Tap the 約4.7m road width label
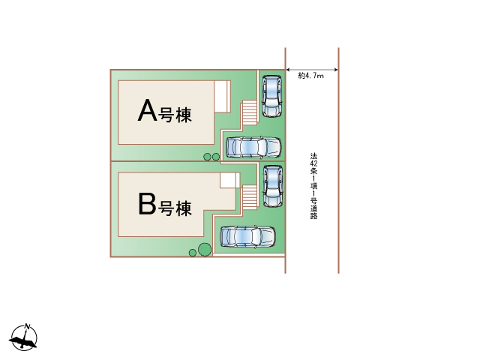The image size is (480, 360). (x=310, y=76)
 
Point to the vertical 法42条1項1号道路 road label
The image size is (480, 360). (x=313, y=186)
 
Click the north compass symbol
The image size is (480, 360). (x=25, y=338)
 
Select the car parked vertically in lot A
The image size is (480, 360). (x=270, y=95)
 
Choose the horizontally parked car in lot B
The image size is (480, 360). (x=247, y=237)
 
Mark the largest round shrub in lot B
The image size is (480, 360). (x=203, y=249)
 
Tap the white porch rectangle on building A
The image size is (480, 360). (x=221, y=97)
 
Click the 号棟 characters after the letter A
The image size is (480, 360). (x=175, y=115)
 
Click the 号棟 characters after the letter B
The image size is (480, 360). (x=175, y=206)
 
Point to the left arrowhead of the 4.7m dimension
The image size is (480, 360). (x=289, y=70)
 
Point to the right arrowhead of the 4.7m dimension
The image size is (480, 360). (x=336, y=70)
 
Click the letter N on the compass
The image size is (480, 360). (x=27, y=327)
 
